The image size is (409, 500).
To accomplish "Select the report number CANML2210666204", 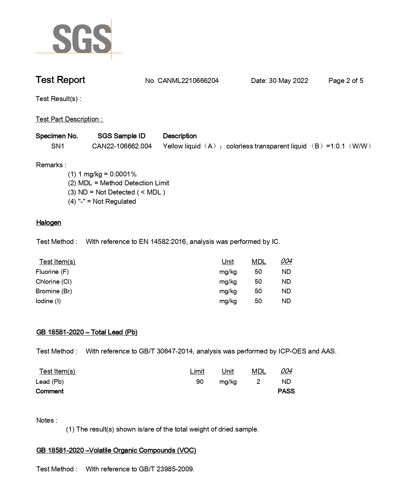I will click(x=188, y=81).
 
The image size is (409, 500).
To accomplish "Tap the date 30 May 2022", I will click(x=288, y=81).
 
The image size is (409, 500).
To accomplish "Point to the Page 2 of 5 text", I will click(x=346, y=81).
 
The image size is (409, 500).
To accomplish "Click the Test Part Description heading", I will click(x=69, y=119).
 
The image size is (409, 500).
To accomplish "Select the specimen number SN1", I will click(x=58, y=146).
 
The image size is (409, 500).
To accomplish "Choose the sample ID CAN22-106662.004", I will click(x=122, y=146).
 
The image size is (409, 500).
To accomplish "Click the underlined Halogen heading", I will click(x=48, y=223).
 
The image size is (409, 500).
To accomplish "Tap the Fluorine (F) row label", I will click(x=52, y=272).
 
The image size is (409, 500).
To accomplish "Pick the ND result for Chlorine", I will click(x=286, y=281).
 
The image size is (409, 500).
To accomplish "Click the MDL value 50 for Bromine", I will click(x=258, y=291).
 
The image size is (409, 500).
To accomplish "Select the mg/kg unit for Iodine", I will click(x=228, y=301).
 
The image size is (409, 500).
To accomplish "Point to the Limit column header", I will click(x=197, y=371).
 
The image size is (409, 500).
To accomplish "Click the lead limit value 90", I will click(x=200, y=382).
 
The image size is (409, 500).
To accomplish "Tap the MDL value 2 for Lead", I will click(x=258, y=382).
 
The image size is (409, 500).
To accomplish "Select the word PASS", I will click(x=286, y=391).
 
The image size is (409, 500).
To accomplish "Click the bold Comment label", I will click(x=49, y=391).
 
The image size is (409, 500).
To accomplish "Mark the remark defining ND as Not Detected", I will click(x=116, y=192).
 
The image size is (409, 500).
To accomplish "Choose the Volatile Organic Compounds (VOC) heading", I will click(x=116, y=450).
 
